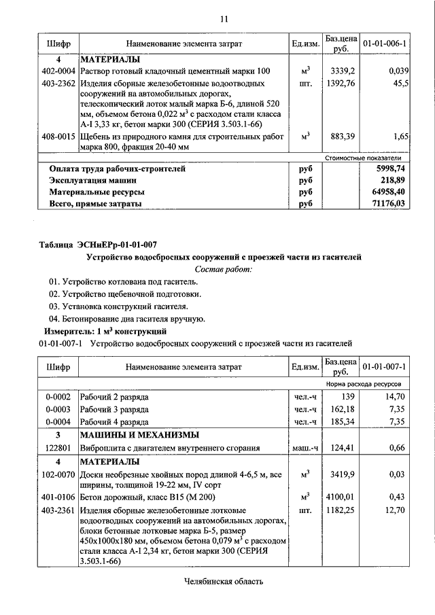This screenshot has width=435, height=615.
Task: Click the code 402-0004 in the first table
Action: tap(58, 71)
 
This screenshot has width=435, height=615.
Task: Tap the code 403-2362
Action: tap(58, 83)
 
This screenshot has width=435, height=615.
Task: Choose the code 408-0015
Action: tap(58, 137)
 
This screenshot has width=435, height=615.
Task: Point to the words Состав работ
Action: tap(224, 269)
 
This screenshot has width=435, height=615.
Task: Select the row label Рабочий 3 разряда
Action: tap(114, 409)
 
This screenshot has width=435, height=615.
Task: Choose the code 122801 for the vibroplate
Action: tap(58, 447)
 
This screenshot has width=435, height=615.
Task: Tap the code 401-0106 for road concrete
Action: tap(58, 497)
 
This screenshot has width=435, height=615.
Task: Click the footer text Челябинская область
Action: tap(224, 582)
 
